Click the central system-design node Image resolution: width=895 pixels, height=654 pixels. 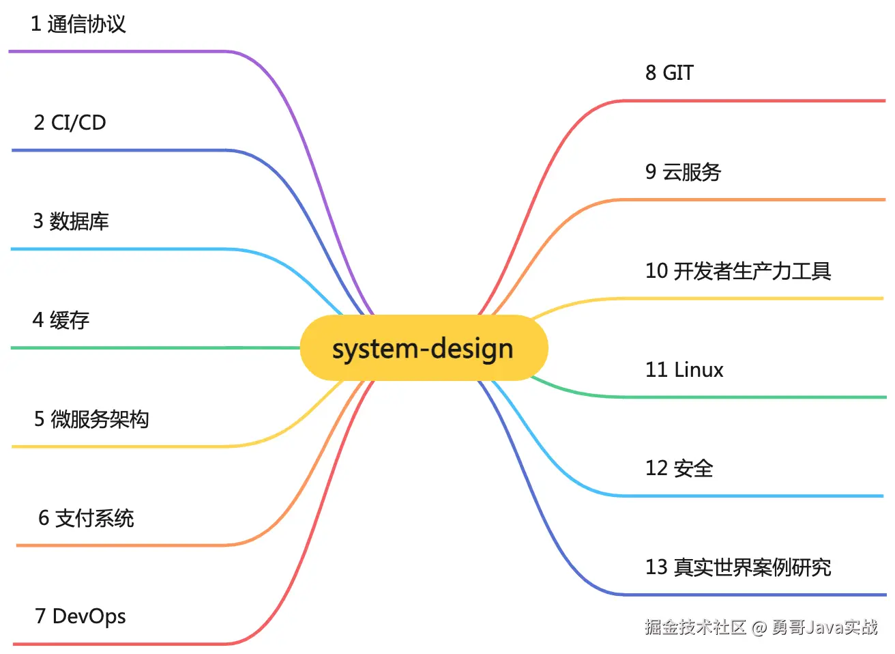coord(424,348)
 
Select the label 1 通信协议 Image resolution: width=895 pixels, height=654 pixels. coord(78,25)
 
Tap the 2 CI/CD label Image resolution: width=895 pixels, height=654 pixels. coord(70,123)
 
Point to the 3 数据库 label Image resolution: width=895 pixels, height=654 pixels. coord(71,221)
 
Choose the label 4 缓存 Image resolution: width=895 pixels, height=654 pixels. coord(61,319)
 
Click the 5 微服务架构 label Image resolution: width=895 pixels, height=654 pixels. coord(91,418)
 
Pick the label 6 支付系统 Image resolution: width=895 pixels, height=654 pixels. coord(86,518)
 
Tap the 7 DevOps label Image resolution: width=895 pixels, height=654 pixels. coord(80,616)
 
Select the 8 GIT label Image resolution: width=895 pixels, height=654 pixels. coord(669,72)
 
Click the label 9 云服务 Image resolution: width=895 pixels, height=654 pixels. coord(683,172)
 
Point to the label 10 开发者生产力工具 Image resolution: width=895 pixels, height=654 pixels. coord(738,271)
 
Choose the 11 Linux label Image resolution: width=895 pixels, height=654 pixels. coord(684,370)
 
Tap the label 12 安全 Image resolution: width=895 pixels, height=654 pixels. coord(679,468)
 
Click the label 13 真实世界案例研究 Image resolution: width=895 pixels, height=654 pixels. coord(738,567)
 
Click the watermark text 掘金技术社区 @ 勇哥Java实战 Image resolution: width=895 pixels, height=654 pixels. coord(761,627)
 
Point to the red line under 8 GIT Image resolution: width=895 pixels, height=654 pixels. coord(750,101)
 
